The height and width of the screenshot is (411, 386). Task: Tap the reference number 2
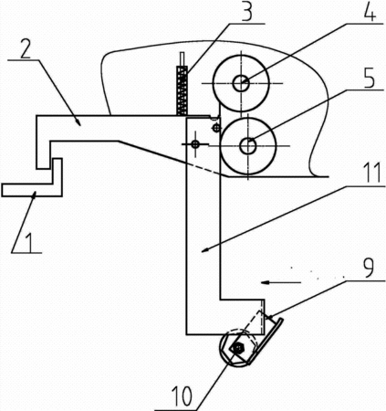click(26, 48)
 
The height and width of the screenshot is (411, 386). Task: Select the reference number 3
click(247, 11)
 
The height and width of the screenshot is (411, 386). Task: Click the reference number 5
click(369, 78)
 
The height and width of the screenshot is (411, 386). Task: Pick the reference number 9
click(368, 268)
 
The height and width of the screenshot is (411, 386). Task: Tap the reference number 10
click(183, 395)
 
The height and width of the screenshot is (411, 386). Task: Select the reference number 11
click(370, 172)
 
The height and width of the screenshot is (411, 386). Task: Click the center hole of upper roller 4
click(241, 83)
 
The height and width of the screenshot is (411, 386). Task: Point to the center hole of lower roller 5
click(248, 146)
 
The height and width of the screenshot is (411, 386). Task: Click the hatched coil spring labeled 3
click(183, 90)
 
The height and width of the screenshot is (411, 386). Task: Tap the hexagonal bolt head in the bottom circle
click(238, 347)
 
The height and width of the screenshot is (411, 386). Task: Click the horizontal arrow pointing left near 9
click(281, 283)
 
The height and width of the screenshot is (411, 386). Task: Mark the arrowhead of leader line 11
click(205, 250)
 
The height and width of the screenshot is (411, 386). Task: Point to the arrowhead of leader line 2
click(78, 122)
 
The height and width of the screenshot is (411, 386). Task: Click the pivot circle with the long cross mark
click(195, 144)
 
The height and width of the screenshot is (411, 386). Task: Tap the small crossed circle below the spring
click(215, 128)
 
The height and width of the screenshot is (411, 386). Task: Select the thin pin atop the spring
click(182, 59)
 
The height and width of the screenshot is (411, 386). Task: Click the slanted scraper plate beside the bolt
click(266, 342)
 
